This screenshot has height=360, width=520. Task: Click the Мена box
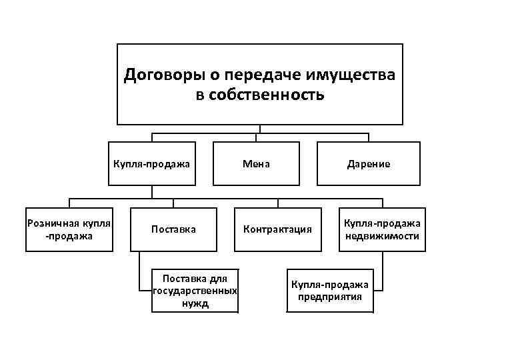coord(256,163)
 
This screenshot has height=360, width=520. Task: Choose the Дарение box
coord(368,163)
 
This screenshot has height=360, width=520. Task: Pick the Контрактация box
coord(277,229)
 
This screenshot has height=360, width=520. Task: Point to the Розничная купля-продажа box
coord(69,229)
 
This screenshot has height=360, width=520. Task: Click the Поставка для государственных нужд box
coord(195,290)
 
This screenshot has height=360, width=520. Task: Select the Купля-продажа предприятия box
coord(329,290)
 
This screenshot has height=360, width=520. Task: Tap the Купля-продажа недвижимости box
coord(381,229)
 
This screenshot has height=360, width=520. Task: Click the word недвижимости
coord(382,236)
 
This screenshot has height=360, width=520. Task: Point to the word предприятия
coord(330,297)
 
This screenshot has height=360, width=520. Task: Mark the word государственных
coord(195,291)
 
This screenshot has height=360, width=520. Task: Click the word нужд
coord(195,303)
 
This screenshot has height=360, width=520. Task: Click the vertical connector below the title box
coord(260,129)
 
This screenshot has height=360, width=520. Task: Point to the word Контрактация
coord(277,229)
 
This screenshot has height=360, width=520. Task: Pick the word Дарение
coord(368,163)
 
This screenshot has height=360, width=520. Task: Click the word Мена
coord(256,163)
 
